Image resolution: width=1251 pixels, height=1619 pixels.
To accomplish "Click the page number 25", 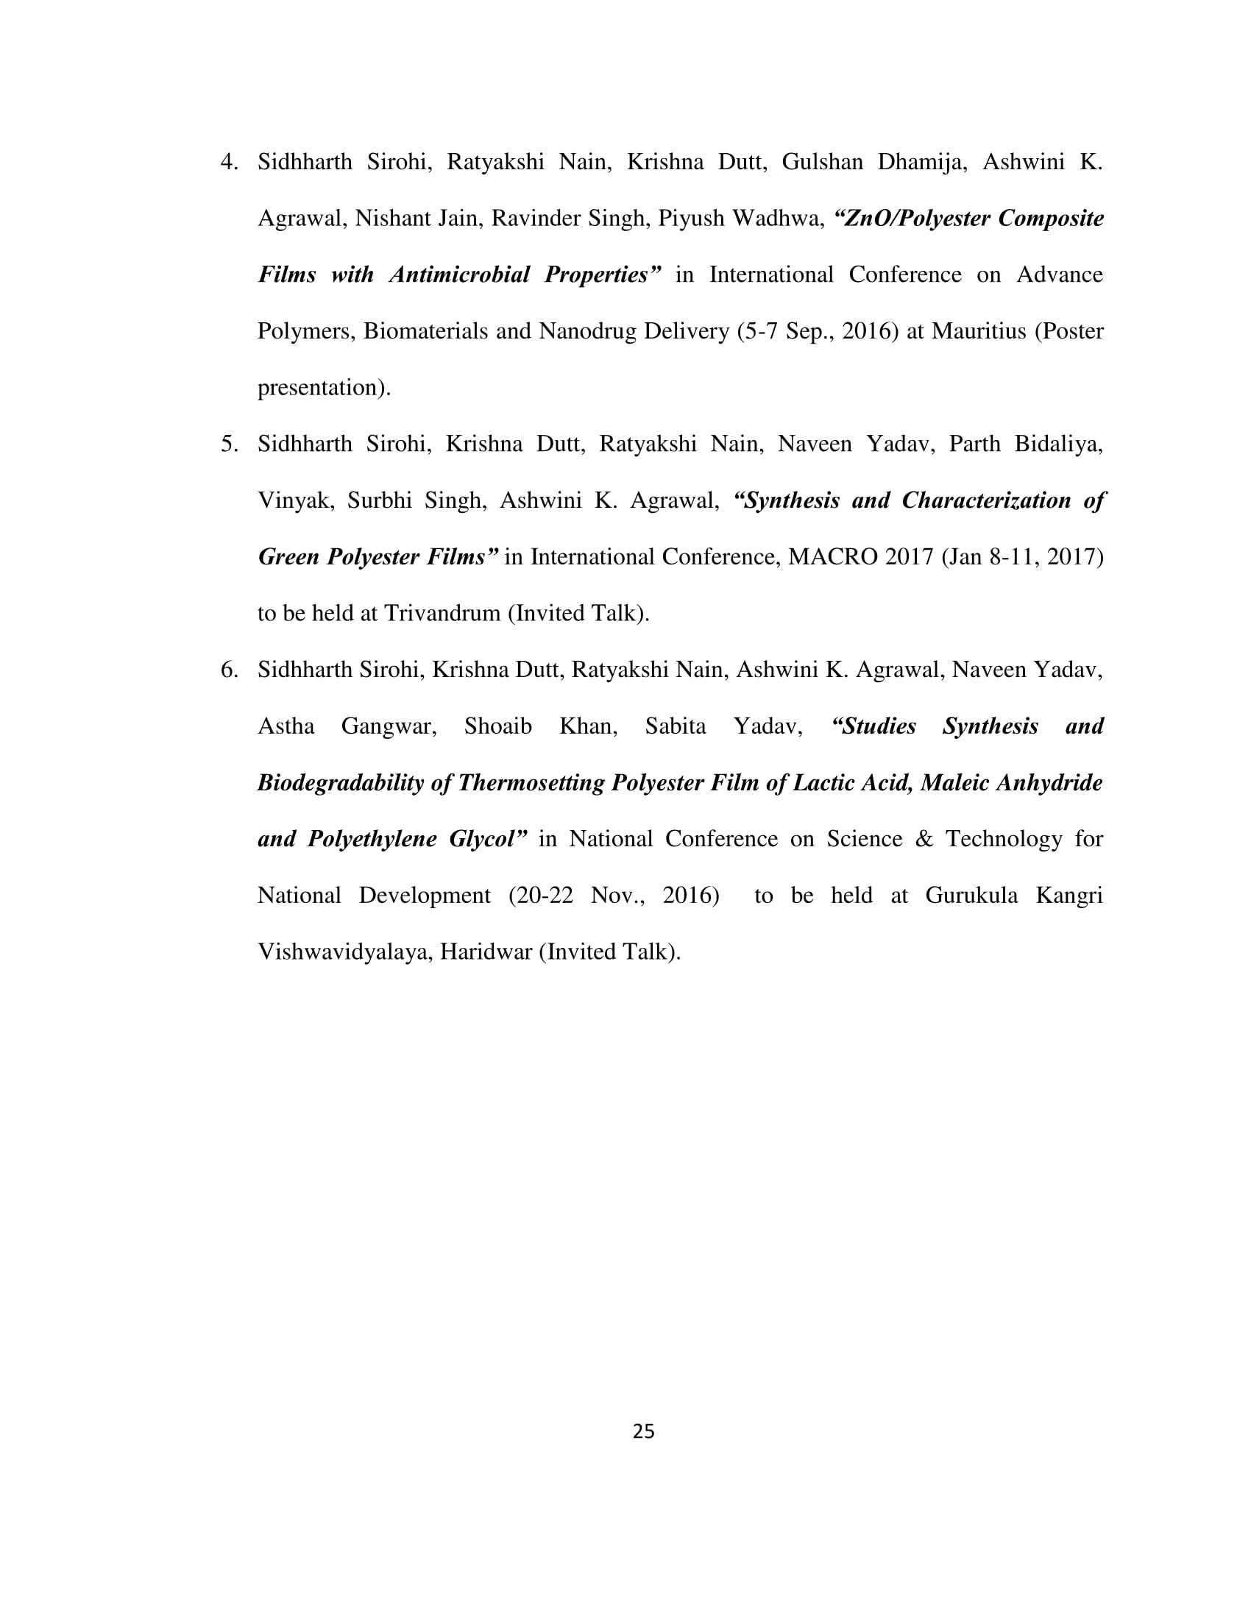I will pos(643,1431).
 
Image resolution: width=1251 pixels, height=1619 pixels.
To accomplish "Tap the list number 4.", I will pos(229,162).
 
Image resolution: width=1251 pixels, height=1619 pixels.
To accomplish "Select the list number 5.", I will pos(229,444).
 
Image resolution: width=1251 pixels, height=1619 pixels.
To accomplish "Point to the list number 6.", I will pos(229,670).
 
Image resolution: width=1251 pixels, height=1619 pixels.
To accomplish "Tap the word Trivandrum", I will pos(442,613).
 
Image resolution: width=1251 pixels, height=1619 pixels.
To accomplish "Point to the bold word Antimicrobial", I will pos(459,274).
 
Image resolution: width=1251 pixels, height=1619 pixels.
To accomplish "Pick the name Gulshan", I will pos(822,162).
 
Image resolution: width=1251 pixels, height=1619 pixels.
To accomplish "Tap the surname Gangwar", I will pos(389,726).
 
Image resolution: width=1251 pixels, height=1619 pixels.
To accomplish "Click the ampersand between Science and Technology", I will pos(924,839).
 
